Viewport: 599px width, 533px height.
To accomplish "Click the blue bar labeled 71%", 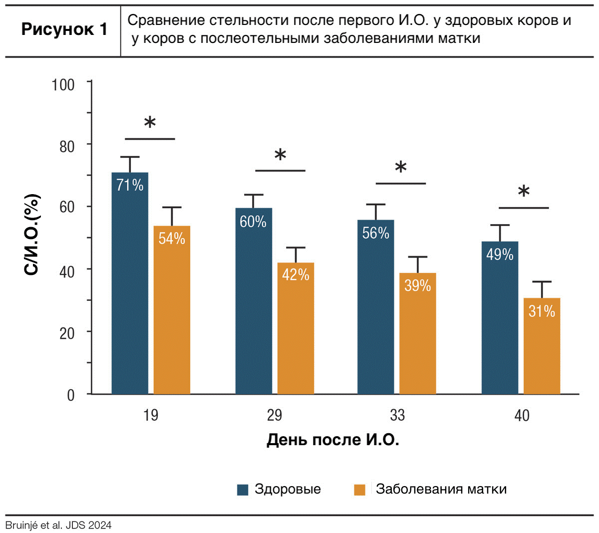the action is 130,283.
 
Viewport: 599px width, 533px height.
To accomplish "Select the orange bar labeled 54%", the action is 172,310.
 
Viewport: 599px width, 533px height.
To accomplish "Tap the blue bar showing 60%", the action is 254,301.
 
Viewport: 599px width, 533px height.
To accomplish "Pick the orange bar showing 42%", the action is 296,328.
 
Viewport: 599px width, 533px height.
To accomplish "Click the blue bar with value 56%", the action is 376,307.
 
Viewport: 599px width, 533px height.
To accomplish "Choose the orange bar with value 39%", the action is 418,333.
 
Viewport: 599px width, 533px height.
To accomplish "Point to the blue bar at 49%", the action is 500,318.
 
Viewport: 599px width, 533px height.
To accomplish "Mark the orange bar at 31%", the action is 542,346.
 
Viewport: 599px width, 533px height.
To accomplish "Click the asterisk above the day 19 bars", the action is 150,122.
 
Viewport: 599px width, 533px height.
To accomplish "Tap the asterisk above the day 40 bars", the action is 524,191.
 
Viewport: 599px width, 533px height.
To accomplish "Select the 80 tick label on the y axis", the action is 67,147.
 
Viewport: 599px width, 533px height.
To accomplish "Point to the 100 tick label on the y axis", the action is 63,85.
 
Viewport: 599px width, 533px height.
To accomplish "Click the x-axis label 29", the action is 275,415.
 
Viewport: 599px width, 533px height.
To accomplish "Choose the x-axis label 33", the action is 397,415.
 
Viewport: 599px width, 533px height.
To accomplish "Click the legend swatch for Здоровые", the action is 243,490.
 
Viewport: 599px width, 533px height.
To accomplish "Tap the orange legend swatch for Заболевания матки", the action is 359,490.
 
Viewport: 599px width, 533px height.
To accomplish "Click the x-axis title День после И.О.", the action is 333,440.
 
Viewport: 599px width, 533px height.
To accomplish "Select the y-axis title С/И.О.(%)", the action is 31,235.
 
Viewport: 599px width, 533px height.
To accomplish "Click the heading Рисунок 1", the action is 64,29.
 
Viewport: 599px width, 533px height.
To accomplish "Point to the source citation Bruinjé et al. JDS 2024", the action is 58,525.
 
